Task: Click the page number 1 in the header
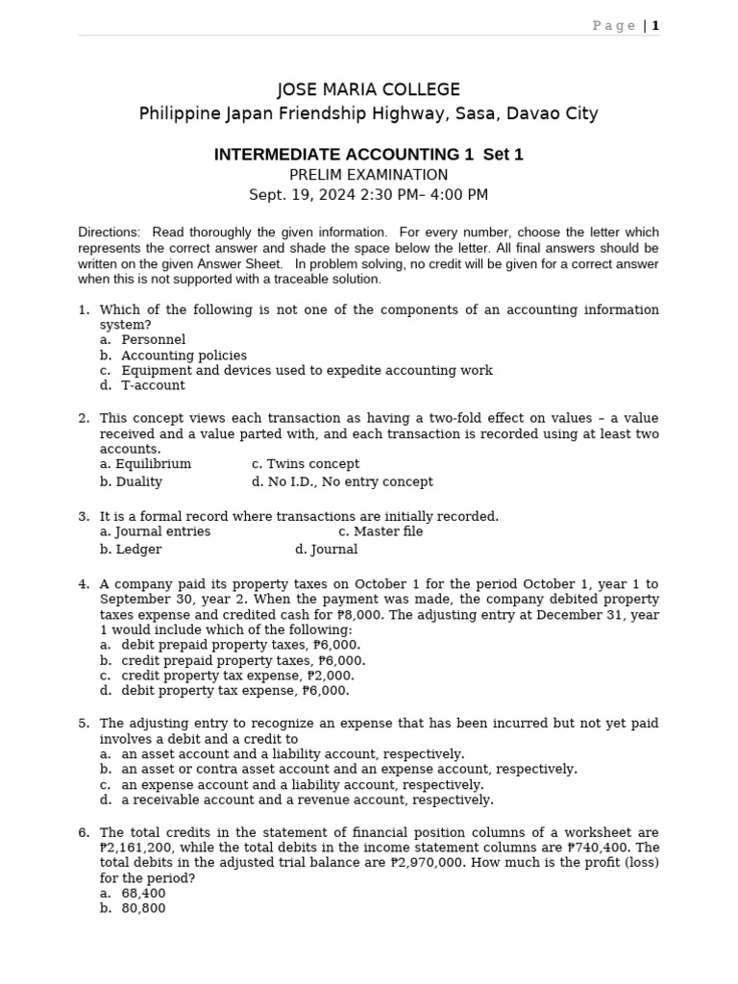point(655,26)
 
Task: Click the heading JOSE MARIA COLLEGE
point(368,89)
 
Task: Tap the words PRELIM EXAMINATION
point(368,175)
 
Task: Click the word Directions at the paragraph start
point(109,233)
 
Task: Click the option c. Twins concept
point(305,463)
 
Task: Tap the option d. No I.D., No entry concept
point(341,481)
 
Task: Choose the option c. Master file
point(380,531)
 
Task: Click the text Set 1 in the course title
point(503,155)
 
